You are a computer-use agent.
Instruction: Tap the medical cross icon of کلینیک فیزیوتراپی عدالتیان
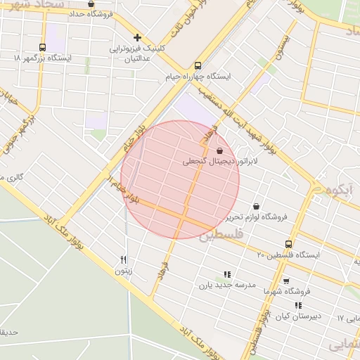[x=138, y=37]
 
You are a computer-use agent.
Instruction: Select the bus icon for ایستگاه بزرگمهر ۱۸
[x=43, y=47]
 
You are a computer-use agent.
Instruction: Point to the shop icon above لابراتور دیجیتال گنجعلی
[x=219, y=150]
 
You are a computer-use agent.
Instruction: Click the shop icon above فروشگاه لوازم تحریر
[x=255, y=207]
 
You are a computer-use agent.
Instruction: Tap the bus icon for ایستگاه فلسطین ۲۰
[x=288, y=244]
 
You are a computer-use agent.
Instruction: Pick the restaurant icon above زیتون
[x=124, y=259]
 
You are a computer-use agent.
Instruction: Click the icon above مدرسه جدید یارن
[x=226, y=274]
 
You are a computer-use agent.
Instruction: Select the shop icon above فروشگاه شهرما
[x=286, y=281]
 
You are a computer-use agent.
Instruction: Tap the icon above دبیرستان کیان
[x=298, y=306]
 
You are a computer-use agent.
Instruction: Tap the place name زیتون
[x=123, y=270]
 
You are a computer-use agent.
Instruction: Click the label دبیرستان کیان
[x=297, y=316]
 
